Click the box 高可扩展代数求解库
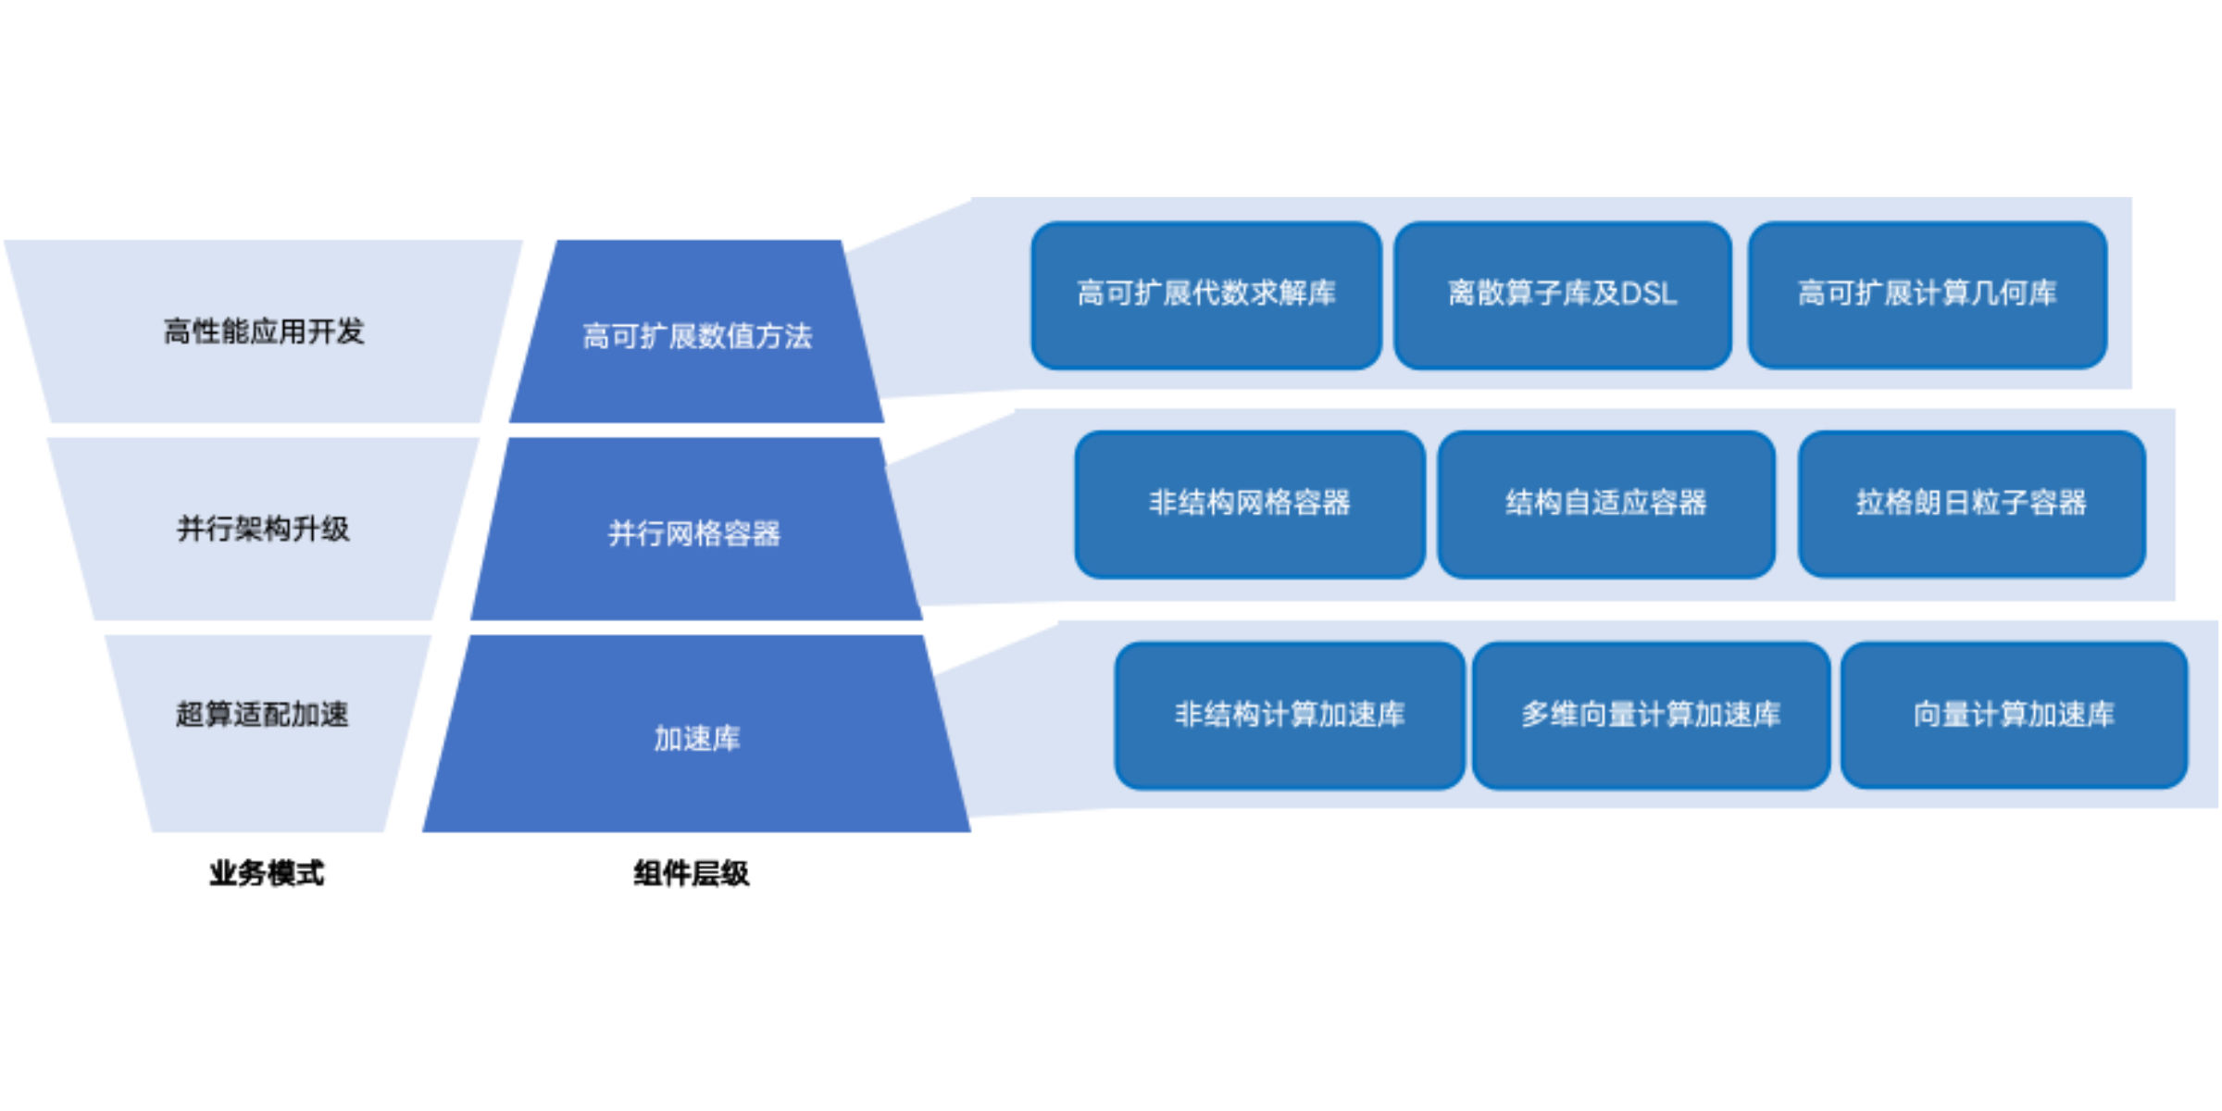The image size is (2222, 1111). (1205, 295)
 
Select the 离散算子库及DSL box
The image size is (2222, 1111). (1562, 295)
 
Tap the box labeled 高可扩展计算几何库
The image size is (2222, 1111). (1927, 295)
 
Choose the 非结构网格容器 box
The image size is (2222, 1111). (1249, 505)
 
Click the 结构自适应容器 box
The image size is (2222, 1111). (1605, 505)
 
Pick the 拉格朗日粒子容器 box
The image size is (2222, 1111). (1971, 505)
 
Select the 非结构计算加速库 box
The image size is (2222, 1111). (1289, 716)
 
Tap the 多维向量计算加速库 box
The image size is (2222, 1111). (1651, 716)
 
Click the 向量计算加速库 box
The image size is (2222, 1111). (2014, 716)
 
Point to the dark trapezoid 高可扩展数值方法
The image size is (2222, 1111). (696, 370)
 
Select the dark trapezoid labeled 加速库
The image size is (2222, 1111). (696, 778)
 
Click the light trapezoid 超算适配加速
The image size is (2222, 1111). (264, 768)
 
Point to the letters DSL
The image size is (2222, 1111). (1649, 294)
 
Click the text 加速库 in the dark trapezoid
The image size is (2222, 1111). (696, 739)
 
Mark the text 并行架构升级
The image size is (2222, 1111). (264, 530)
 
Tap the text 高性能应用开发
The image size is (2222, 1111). (264, 331)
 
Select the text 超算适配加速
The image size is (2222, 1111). (262, 715)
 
